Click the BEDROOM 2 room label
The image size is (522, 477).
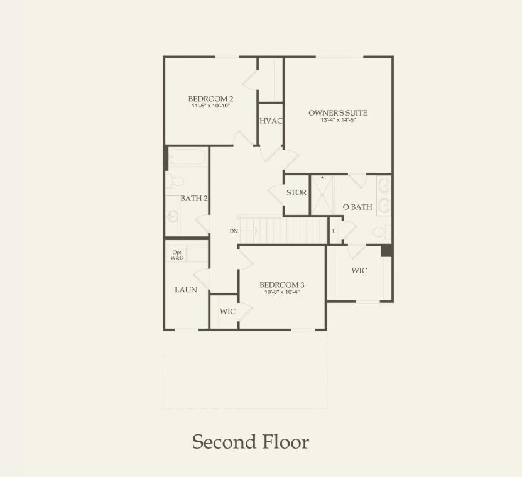210,99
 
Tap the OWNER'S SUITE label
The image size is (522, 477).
337,113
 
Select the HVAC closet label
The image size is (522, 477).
271,121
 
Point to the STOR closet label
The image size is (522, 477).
296,192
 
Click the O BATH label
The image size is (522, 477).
357,207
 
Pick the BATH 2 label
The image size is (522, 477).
193,198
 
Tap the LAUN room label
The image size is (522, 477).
186,290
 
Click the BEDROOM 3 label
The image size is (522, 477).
282,285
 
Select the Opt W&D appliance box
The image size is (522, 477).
178,255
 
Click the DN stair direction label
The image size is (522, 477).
234,231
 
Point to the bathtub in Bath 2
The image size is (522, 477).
187,157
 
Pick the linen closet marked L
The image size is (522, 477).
334,231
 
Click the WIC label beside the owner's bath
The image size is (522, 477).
359,270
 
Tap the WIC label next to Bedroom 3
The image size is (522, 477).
227,312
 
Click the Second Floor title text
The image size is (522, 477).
250,442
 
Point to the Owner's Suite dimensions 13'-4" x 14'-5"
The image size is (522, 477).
337,120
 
